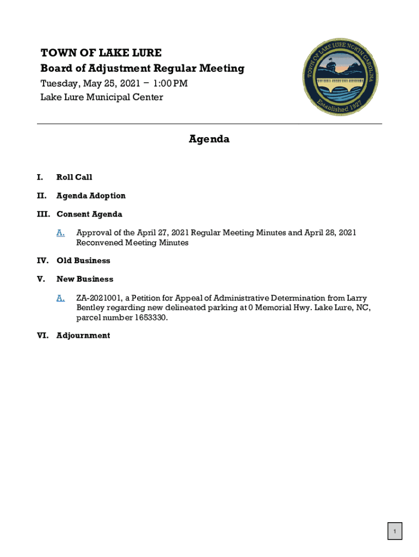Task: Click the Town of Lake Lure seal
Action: tap(341, 77)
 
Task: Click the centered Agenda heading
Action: tap(209, 139)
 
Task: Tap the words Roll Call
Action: tap(74, 177)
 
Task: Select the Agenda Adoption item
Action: tap(91, 196)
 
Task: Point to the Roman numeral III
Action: tap(43, 214)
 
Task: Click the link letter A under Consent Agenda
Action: tap(60, 233)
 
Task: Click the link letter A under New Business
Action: tap(60, 298)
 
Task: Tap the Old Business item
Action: tap(83, 261)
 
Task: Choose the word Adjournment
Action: tap(83, 336)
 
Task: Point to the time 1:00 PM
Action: tap(170, 83)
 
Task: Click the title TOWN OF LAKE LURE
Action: tap(101, 53)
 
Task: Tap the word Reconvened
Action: tap(100, 243)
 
